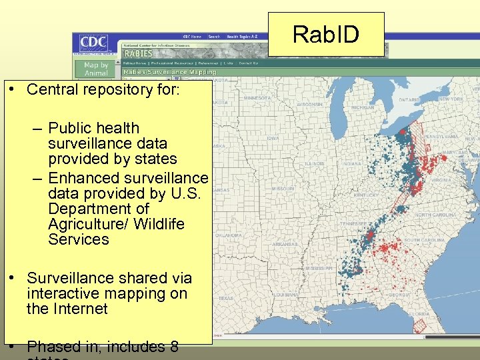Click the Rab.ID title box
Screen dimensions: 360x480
coord(326,35)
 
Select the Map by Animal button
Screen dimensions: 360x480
coord(95,69)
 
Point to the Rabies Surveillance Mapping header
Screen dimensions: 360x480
coord(169,72)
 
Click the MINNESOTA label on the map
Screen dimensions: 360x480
coord(257,98)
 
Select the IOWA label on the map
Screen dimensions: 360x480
coord(273,139)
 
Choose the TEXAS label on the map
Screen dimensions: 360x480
coord(226,298)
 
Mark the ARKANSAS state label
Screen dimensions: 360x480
coord(284,244)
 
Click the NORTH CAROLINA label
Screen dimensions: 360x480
coord(436,215)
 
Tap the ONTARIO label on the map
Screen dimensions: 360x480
coord(408,99)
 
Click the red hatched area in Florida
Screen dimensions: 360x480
coord(419,325)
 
